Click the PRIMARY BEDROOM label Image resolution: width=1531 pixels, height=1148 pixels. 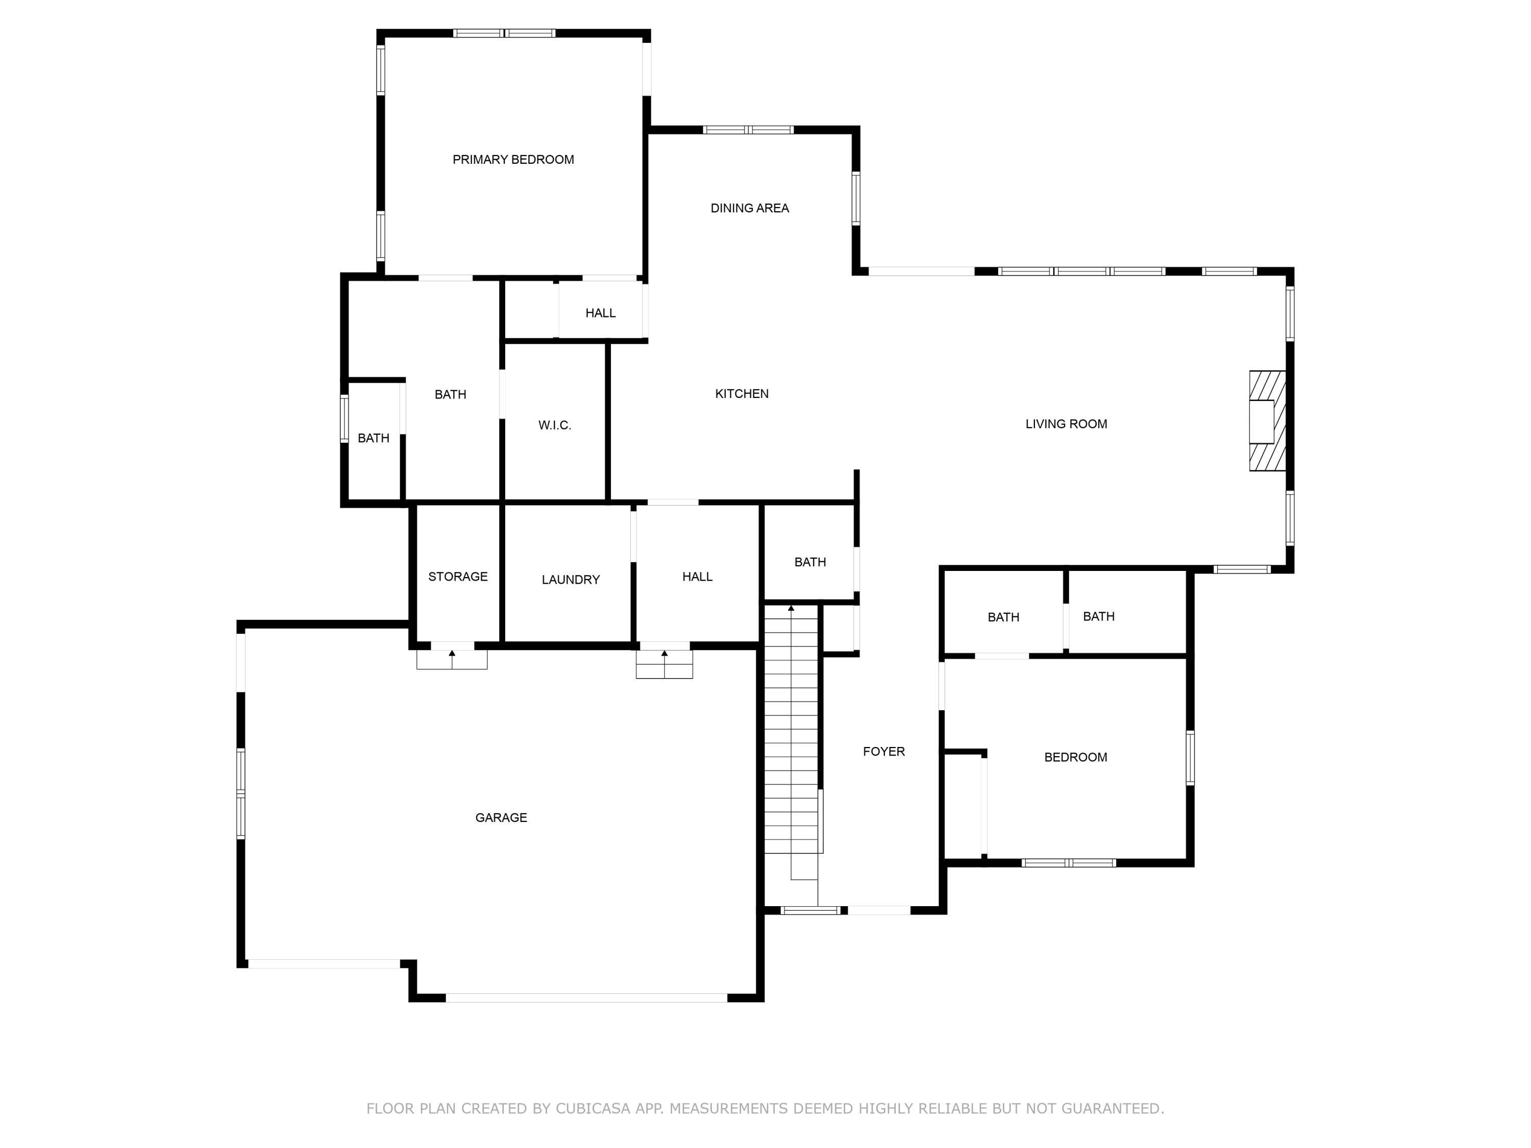pos(513,160)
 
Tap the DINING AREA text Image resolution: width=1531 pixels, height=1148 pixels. pos(750,208)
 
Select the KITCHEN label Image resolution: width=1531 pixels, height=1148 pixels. pos(742,394)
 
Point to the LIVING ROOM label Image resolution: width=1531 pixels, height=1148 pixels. pos(1066,424)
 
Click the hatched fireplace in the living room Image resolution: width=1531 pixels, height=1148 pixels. pos(1267,421)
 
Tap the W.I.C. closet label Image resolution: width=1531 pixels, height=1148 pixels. pos(554,426)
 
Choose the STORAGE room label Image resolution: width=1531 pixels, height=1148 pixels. pos(457,577)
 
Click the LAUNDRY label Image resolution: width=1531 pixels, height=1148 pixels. pos(571,580)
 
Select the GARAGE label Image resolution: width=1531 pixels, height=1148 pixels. pos(501,818)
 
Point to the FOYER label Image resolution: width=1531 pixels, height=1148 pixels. pos(884,752)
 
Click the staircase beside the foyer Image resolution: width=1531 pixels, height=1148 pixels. pos(791,734)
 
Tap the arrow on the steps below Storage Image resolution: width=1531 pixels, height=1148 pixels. pos(452,654)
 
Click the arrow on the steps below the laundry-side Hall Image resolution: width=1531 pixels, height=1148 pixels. pos(664,654)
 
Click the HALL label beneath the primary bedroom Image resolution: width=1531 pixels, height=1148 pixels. pos(600,313)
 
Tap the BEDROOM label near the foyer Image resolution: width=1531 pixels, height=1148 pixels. pos(1075,758)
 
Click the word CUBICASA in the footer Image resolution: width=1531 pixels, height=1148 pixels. pos(592,1109)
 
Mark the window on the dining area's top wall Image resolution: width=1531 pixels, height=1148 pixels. pos(748,130)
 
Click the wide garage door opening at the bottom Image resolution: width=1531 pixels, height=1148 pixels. pos(586,998)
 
